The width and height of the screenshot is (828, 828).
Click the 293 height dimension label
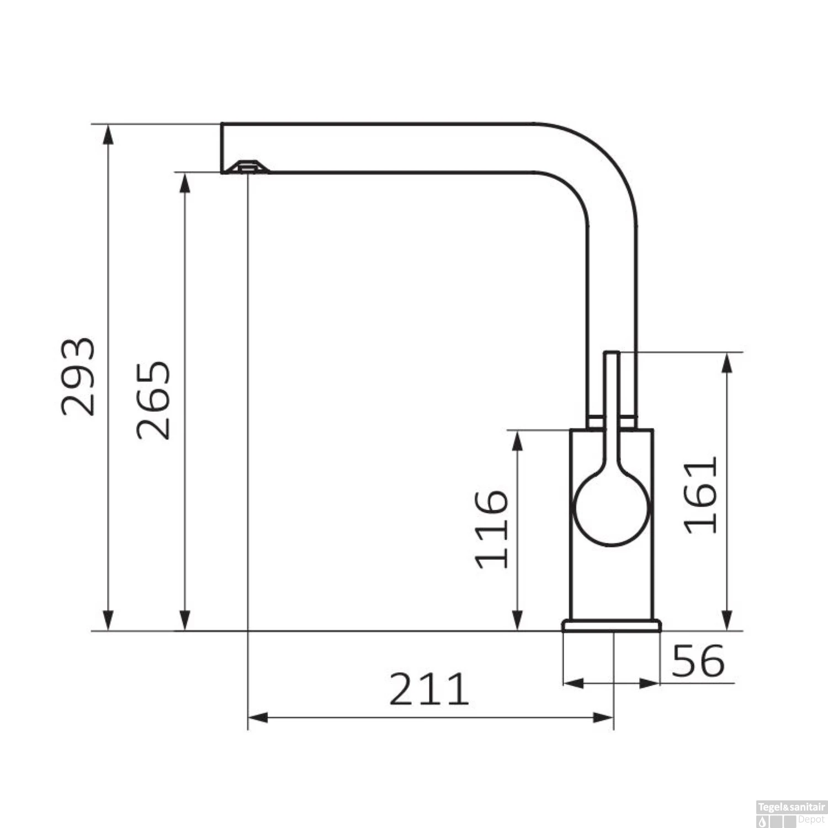(78, 376)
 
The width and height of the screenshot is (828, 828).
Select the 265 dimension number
(154, 400)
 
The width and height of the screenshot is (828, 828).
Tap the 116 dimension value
(491, 529)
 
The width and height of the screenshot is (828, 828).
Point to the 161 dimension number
(701, 495)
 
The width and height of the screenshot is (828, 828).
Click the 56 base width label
(698, 660)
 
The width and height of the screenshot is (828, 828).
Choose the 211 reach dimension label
(429, 689)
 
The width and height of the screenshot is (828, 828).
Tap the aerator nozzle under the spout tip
(247, 166)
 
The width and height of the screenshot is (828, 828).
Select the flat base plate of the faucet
(611, 625)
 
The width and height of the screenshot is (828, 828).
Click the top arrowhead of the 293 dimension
(109, 134)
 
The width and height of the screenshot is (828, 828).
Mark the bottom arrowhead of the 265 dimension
(185, 621)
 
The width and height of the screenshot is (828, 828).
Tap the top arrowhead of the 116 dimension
(517, 439)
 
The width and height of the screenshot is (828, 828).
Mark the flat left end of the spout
(222, 148)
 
